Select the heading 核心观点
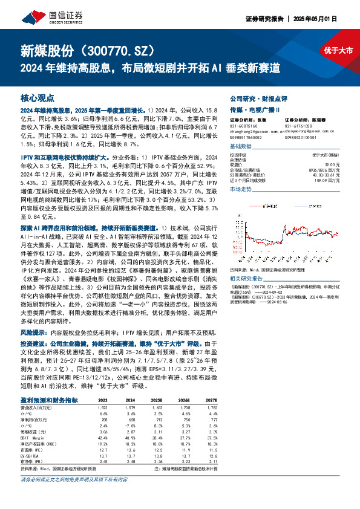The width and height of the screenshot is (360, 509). point(38,97)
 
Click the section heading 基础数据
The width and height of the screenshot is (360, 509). point(241,147)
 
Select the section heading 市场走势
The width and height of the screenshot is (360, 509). point(241,189)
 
